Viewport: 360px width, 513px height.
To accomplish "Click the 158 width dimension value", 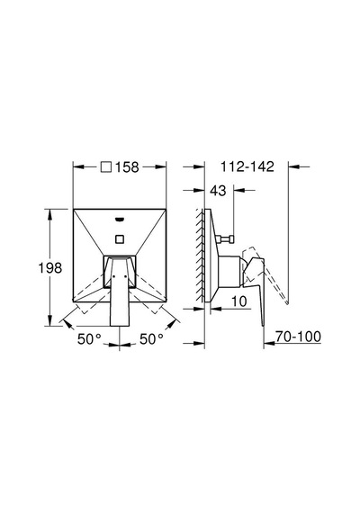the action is pyautogui.click(x=127, y=167).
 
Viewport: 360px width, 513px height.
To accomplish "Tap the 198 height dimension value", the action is pyautogui.click(x=50, y=268).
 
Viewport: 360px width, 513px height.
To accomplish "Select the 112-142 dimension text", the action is pyautogui.click(x=247, y=166).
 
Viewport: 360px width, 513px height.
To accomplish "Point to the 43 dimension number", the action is pyautogui.click(x=218, y=191).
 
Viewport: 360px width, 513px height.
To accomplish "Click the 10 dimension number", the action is pyautogui.click(x=238, y=301).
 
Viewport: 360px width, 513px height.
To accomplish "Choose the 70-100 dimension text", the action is pyautogui.click(x=298, y=337).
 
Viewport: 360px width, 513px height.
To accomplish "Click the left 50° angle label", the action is pyautogui.click(x=89, y=339).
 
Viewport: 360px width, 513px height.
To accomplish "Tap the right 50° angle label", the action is pyautogui.click(x=151, y=339).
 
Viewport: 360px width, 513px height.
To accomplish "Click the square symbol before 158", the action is pyautogui.click(x=106, y=167).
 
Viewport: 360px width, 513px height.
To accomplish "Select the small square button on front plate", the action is pyautogui.click(x=120, y=238).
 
